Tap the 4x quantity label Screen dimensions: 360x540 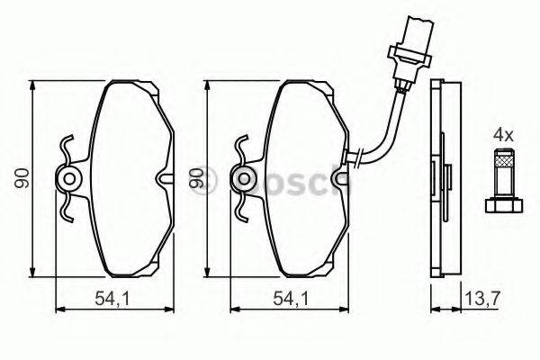[501, 135]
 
